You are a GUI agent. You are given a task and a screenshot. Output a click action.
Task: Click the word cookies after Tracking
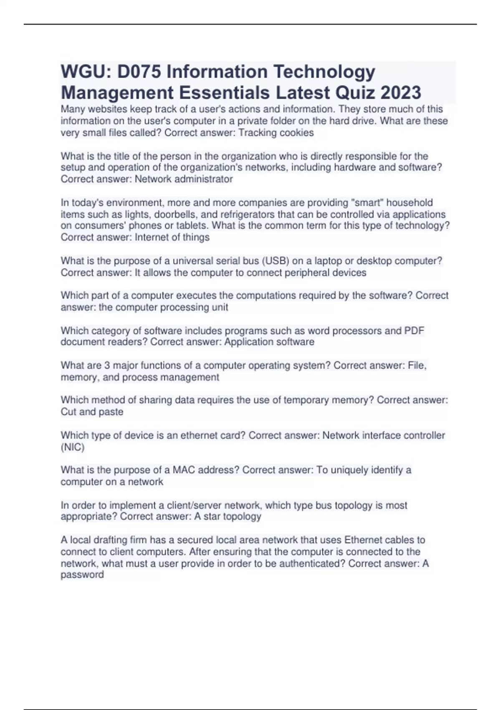[296, 133]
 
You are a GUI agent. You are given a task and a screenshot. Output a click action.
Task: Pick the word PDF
[414, 331]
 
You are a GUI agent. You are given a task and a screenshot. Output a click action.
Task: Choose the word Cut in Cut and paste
[68, 412]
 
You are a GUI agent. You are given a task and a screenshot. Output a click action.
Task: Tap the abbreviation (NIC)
[73, 447]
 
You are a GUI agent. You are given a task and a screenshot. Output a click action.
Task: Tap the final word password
[82, 575]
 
